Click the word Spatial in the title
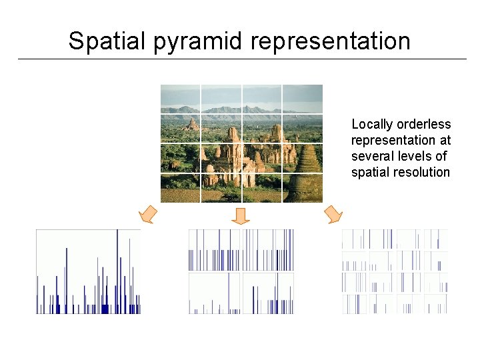(105, 41)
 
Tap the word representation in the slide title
(331, 41)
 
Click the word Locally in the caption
(372, 125)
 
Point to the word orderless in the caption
(424, 125)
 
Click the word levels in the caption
(417, 157)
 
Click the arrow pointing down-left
(148, 215)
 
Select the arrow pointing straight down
(241, 215)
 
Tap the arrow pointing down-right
(332, 214)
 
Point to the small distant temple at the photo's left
(193, 124)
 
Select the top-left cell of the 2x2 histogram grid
(214, 250)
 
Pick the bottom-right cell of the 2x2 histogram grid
(268, 293)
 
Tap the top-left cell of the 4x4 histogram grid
(355, 239)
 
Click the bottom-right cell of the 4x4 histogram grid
(435, 303)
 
